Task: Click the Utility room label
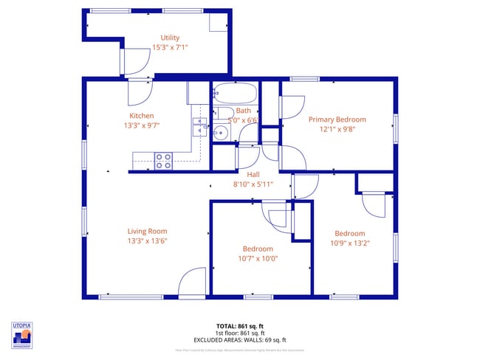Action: click(x=170, y=38)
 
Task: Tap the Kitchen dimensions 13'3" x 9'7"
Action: click(x=142, y=125)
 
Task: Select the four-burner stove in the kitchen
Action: click(x=163, y=160)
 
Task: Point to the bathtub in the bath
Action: click(x=235, y=94)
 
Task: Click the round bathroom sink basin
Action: click(x=221, y=134)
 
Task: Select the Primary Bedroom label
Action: click(x=337, y=119)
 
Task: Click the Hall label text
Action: click(x=253, y=174)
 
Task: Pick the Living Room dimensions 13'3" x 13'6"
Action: click(x=146, y=240)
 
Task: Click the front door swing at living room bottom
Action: click(x=192, y=283)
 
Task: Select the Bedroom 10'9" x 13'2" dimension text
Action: click(x=349, y=243)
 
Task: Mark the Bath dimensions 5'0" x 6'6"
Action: click(x=243, y=120)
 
